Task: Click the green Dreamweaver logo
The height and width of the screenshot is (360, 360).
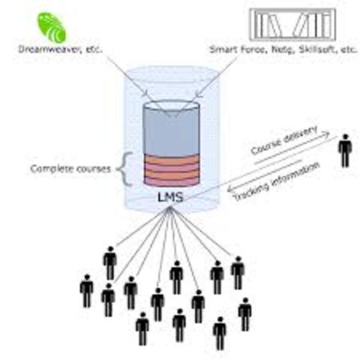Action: [x=52, y=25]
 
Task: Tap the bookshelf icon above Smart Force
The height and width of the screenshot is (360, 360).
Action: [x=291, y=25]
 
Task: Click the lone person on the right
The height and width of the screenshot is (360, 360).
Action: [x=344, y=151]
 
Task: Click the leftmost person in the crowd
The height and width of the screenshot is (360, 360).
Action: [x=86, y=290]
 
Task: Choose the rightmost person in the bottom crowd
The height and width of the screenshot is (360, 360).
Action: [x=244, y=313]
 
